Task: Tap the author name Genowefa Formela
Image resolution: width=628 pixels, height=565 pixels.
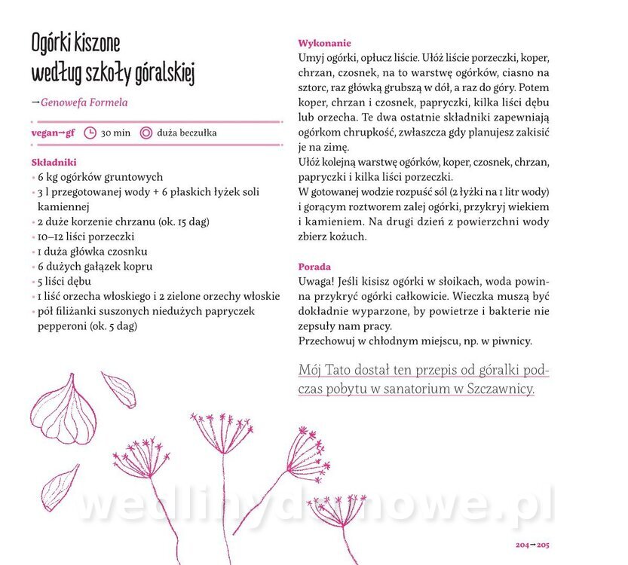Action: (x=84, y=102)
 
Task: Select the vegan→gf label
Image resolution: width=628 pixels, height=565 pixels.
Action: (x=53, y=133)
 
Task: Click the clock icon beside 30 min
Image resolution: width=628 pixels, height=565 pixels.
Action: (x=90, y=133)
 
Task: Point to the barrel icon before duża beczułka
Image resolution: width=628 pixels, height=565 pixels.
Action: (x=146, y=133)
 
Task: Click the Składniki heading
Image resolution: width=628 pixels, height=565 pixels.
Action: (x=54, y=163)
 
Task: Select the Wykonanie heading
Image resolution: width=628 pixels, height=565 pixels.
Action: (x=324, y=44)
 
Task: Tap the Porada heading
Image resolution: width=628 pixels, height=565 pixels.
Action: (x=314, y=267)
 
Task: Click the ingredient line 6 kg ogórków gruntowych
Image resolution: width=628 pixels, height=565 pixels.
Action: (x=100, y=177)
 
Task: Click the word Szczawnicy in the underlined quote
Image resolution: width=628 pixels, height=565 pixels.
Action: (x=501, y=389)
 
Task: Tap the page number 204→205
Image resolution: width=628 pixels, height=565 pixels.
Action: (x=532, y=544)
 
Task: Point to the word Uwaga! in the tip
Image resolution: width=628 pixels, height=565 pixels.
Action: (x=315, y=281)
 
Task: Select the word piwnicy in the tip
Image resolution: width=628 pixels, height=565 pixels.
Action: (x=513, y=341)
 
